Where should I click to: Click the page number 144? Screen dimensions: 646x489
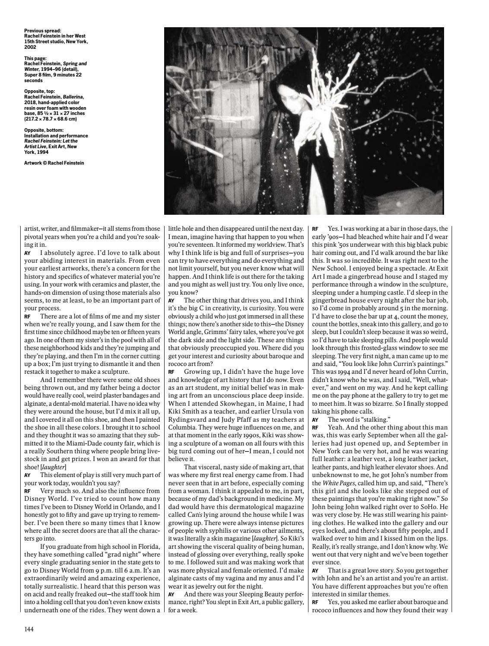click(x=29, y=629)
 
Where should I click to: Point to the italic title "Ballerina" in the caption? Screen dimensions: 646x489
click(x=73, y=97)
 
